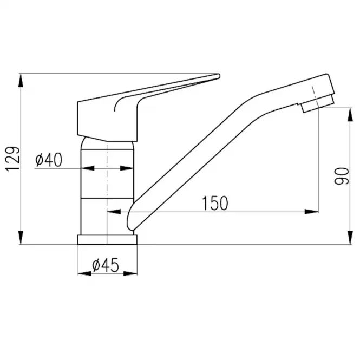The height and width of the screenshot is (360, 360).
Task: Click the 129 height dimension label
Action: tap(12, 159)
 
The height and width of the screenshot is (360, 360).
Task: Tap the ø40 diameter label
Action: tap(49, 160)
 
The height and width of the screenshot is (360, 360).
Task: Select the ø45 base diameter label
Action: tap(106, 265)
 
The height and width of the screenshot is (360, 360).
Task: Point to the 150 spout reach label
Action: tap(215, 203)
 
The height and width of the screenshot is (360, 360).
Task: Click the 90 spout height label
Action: tap(342, 176)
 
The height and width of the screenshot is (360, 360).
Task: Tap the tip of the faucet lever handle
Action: tap(219, 76)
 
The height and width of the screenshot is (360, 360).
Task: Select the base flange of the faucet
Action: tap(107, 239)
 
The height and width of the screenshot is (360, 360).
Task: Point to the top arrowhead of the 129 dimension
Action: tap(21, 80)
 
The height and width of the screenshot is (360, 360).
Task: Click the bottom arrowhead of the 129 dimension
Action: tap(21, 238)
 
